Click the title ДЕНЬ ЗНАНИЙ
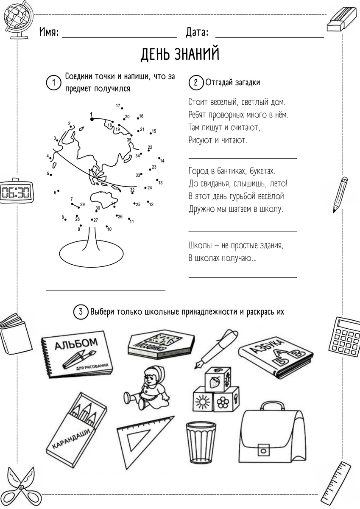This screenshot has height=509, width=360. pos(180,54)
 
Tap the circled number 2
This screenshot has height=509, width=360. pos(195,82)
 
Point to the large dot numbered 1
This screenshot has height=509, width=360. pos(91,119)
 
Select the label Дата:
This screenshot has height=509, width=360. pos(197,32)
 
